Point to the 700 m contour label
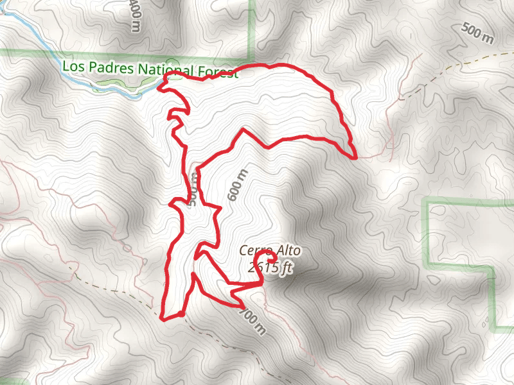(252, 321)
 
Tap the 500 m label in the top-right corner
(478, 33)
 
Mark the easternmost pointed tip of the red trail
(355, 156)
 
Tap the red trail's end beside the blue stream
(162, 77)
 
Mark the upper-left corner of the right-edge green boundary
(427, 203)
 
